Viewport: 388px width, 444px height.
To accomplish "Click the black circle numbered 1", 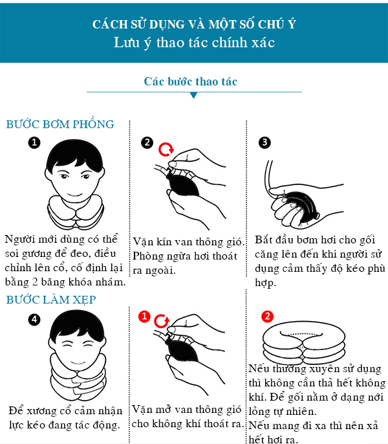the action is click(x=34, y=142).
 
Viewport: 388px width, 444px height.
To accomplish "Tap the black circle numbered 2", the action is click(x=147, y=142).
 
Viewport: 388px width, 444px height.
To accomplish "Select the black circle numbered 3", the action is click(x=264, y=142).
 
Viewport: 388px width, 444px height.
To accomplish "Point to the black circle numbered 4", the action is click(x=34, y=320).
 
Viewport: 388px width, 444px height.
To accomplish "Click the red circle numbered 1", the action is click(x=144, y=316).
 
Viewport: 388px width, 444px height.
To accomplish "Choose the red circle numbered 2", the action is click(x=268, y=316).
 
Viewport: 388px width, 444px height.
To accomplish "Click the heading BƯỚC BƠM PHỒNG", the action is click(x=60, y=124).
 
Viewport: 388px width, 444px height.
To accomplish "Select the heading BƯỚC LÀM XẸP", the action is click(x=51, y=300).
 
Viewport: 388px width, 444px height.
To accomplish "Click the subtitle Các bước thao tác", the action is click(x=191, y=82).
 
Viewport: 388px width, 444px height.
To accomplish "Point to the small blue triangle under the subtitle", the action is click(x=194, y=95).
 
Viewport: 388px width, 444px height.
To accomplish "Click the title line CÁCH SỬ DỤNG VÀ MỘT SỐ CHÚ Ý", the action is click(x=194, y=24).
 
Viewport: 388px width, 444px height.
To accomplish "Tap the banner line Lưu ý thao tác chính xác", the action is click(x=194, y=43).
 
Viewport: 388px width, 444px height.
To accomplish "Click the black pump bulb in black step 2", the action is click(x=182, y=184).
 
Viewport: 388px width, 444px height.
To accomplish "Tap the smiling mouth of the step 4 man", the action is click(x=78, y=362).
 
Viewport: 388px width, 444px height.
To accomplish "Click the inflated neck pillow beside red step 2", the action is click(x=304, y=342).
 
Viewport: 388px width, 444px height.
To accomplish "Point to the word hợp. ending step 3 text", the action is click(x=265, y=283).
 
